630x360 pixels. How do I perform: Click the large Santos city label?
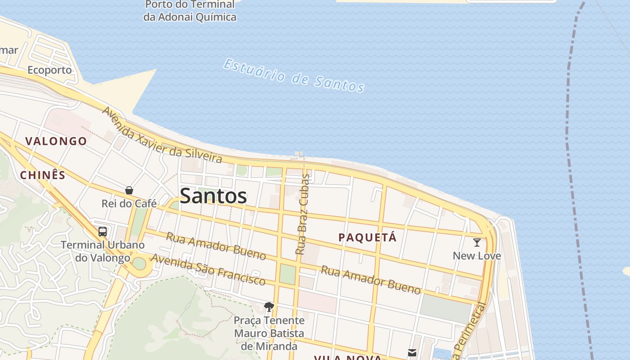(x=213, y=196)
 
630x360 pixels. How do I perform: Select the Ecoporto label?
(x=49, y=70)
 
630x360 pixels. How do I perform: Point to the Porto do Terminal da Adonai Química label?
(x=190, y=11)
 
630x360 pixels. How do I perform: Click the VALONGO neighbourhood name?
(x=56, y=141)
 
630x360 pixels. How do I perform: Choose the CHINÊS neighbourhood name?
(x=43, y=175)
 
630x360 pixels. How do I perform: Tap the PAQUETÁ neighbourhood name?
(x=368, y=238)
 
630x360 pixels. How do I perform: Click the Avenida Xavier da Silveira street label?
(x=162, y=135)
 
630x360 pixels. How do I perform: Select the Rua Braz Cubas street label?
(x=303, y=214)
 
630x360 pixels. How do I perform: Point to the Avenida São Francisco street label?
(x=208, y=270)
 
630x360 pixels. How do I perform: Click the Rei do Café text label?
(x=129, y=203)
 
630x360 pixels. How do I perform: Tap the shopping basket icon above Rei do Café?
(x=129, y=190)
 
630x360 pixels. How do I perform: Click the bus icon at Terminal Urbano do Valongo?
(x=103, y=232)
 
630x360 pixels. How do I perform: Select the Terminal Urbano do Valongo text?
(x=103, y=251)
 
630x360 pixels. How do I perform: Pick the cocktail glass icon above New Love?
(x=477, y=243)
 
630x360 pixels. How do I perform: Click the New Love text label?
(x=477, y=256)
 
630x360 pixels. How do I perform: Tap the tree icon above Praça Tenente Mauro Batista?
(x=269, y=307)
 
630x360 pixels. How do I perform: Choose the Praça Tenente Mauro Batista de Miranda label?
(x=269, y=333)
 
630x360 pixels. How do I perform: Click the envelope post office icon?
(x=412, y=352)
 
